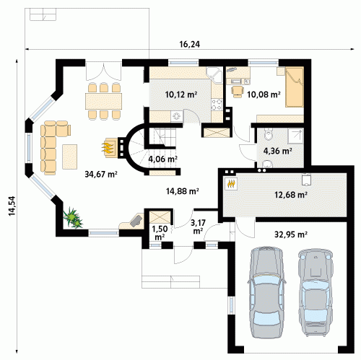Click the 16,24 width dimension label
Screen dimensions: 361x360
tap(190, 44)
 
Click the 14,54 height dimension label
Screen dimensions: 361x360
tap(12, 206)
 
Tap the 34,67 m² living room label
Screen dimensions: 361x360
tap(101, 174)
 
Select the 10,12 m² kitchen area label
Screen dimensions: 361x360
tap(181, 95)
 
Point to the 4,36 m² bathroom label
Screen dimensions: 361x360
tap(278, 151)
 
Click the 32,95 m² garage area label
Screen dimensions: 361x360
tap(291, 234)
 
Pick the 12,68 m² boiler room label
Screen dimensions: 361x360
tap(291, 195)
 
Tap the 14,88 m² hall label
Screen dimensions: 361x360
tap(183, 191)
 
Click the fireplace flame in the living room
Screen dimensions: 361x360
tap(108, 148)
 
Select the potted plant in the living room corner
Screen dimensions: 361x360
tap(73, 218)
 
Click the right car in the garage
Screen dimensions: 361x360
tap(316, 292)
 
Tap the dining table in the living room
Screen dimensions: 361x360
tap(103, 101)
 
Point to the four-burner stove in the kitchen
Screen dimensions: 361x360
tap(217, 105)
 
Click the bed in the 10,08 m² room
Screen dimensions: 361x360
tap(295, 87)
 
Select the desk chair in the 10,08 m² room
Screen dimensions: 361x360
tap(238, 92)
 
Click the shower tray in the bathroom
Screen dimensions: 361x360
tap(295, 136)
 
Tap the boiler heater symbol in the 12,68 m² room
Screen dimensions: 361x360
tap(231, 184)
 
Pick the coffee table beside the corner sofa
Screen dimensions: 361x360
tap(70, 157)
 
